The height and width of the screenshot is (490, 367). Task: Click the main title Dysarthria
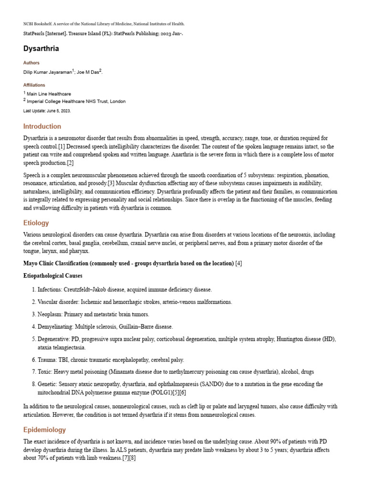[x=41, y=48]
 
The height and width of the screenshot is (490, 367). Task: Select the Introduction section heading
[x=42, y=126]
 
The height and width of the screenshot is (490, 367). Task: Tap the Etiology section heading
[x=36, y=223]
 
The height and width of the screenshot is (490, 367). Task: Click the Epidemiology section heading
[x=44, y=430]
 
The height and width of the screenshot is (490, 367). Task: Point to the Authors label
[x=31, y=63]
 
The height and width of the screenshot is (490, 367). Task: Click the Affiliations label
[x=34, y=85]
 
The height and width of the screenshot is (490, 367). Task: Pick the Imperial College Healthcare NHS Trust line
[x=76, y=101]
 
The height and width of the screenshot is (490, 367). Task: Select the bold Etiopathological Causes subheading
[x=53, y=276]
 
